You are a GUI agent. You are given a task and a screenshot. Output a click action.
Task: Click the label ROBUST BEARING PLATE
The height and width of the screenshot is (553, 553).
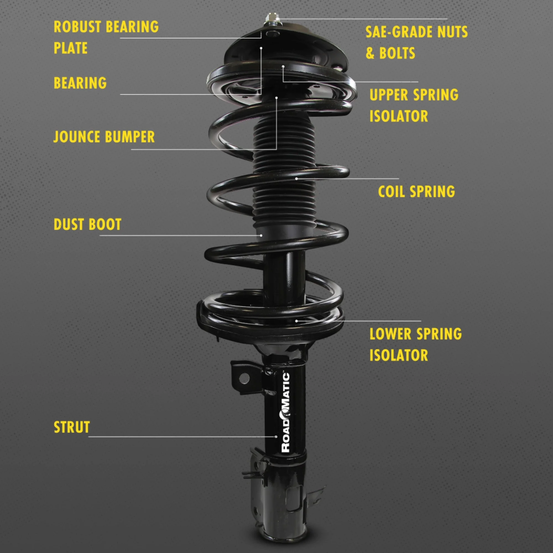tap(106, 37)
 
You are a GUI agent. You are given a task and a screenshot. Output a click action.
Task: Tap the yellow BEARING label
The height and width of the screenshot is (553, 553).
tap(80, 83)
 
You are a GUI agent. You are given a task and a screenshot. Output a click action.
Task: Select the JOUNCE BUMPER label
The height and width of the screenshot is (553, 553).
tap(104, 137)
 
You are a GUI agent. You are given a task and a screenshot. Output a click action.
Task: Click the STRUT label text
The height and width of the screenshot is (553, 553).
tap(72, 427)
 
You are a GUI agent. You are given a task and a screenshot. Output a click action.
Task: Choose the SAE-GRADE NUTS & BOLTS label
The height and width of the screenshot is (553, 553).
tap(416, 42)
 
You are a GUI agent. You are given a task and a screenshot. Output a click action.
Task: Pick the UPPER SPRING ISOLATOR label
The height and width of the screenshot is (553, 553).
tap(414, 105)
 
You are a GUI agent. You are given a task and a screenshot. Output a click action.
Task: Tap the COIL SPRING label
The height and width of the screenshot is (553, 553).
tap(416, 192)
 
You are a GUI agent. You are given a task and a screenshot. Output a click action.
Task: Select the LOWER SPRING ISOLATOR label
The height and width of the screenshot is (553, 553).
tap(415, 344)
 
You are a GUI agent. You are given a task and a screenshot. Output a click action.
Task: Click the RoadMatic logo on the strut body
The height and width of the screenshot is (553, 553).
tap(286, 413)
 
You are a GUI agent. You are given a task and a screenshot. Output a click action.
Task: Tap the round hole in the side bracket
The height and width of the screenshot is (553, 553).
tap(243, 379)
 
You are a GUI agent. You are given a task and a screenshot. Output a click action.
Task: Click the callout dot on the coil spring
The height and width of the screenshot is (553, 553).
tap(296, 179)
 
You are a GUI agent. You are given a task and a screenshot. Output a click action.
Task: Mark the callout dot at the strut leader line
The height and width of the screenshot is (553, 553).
tap(276, 437)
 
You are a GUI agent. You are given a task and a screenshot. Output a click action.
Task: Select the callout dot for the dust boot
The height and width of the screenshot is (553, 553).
tap(261, 235)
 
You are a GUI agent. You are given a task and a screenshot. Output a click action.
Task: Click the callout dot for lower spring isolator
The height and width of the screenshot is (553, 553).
tap(296, 321)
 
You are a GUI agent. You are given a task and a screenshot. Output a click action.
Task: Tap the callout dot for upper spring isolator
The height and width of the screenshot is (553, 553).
tap(283, 66)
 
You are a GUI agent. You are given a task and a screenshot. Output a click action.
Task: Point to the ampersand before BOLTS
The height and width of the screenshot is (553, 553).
tap(370, 53)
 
